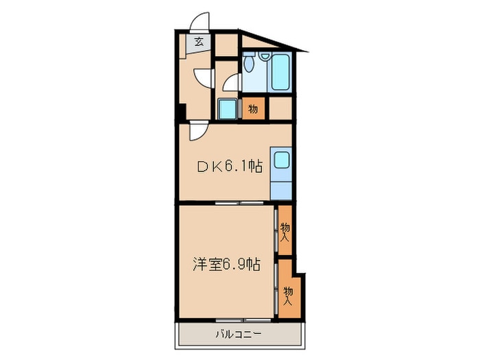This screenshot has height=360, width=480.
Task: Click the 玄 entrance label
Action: (x=198, y=43)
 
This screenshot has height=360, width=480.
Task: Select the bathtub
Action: (x=280, y=72)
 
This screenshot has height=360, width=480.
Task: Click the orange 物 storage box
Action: (x=252, y=108)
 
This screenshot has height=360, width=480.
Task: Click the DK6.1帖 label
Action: (x=230, y=165)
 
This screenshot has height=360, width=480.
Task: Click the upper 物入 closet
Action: (x=285, y=231)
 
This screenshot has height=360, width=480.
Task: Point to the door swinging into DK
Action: (x=197, y=131)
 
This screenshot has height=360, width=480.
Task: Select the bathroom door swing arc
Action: (x=232, y=83)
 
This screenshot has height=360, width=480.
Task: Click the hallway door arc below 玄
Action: (x=202, y=77)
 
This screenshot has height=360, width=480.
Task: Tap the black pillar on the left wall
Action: (x=180, y=112)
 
